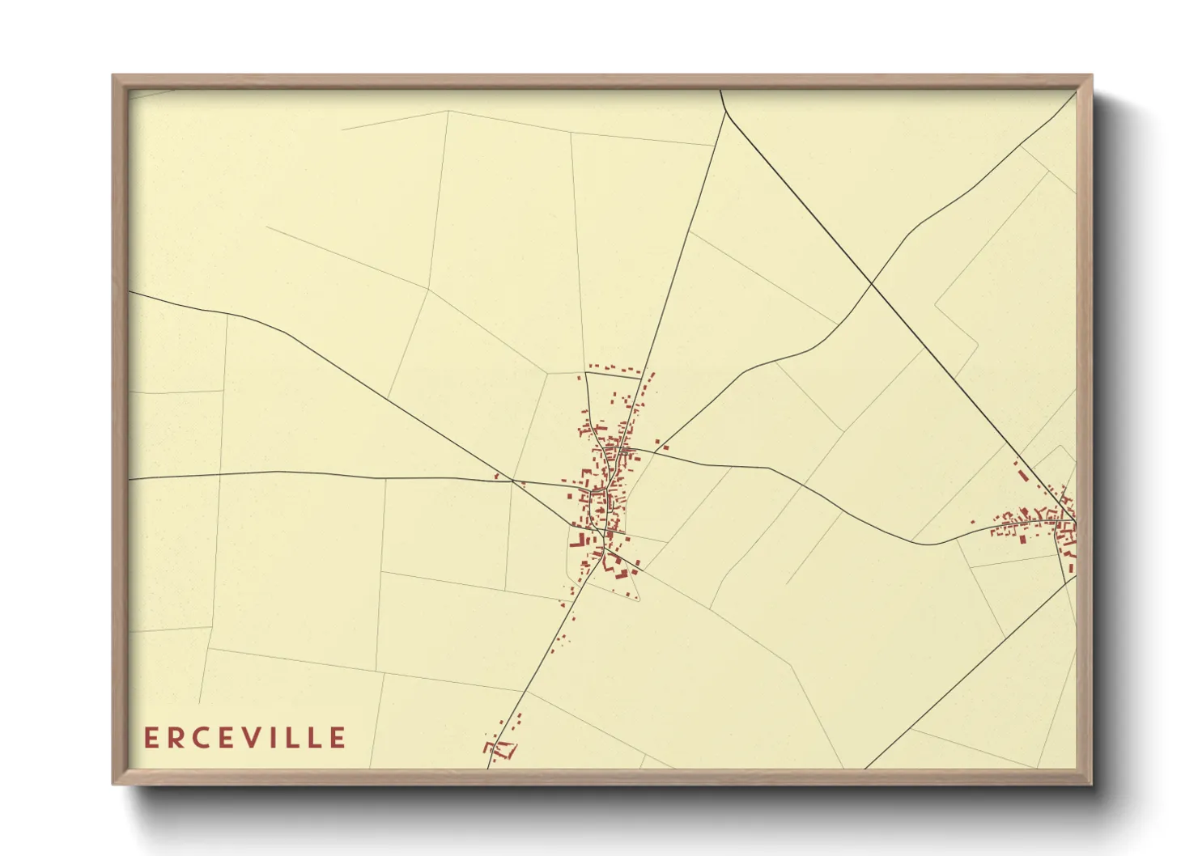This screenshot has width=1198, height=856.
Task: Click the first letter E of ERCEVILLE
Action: (151, 738)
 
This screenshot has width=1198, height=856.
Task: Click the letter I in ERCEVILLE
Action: (284, 738)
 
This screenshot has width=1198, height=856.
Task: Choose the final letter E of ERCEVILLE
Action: (338, 738)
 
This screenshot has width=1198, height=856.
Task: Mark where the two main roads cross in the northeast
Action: (871, 284)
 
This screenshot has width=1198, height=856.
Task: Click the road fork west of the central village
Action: (512, 481)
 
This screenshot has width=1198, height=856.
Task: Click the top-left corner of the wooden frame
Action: (114, 76)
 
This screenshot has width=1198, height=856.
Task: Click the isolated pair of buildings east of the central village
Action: (661, 444)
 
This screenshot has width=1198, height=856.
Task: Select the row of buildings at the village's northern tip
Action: (613, 369)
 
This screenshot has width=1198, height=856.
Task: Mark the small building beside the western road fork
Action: (496, 477)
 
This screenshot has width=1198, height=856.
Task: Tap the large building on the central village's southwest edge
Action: (581, 540)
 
